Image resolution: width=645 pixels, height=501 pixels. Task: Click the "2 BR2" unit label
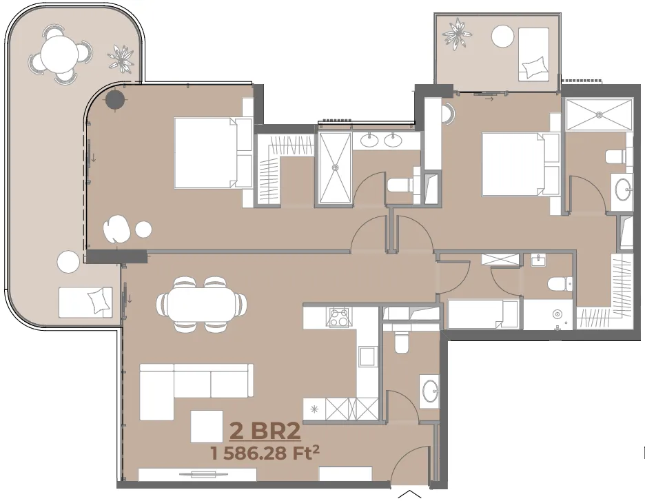tap(265, 431)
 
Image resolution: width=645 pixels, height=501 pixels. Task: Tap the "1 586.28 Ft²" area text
tap(265, 453)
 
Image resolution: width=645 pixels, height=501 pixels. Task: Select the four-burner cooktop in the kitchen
tap(338, 317)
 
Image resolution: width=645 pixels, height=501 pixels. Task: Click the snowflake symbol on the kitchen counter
tap(314, 409)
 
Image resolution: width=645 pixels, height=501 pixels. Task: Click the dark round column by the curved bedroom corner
tap(115, 99)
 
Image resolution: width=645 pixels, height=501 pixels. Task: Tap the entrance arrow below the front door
tap(410, 493)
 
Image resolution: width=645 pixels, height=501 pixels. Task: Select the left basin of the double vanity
tap(369, 141)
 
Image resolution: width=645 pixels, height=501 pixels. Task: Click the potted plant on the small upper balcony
tap(458, 34)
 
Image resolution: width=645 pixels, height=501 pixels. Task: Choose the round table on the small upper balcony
tap(502, 37)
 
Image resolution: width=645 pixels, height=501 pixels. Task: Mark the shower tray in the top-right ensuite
tap(599, 114)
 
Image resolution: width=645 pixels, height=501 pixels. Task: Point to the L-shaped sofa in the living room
tap(196, 391)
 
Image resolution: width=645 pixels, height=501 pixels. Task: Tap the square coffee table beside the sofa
tap(207, 426)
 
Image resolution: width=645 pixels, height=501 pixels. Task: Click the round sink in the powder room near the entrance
tap(430, 389)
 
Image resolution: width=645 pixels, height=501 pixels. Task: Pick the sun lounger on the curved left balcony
tap(85, 302)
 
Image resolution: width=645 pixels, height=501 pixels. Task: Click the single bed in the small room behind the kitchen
tap(483, 314)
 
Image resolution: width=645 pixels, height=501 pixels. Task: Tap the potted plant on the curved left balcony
tap(121, 57)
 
